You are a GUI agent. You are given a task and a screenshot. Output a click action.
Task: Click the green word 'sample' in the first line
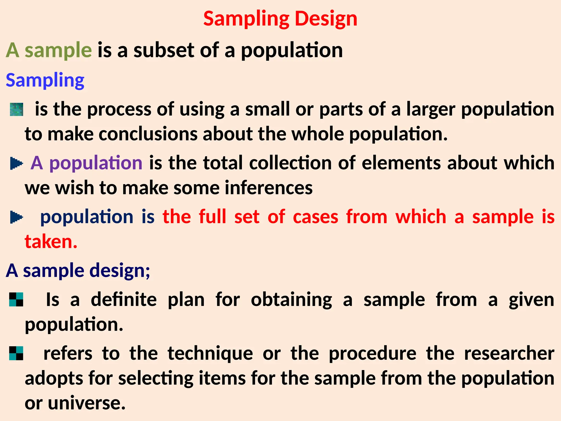point(58,50)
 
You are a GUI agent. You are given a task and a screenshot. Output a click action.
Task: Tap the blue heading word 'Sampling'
point(45,80)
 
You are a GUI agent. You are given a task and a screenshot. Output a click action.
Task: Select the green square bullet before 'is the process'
point(16,109)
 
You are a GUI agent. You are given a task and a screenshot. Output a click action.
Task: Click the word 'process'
point(119,109)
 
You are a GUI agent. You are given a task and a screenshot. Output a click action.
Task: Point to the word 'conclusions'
point(148,134)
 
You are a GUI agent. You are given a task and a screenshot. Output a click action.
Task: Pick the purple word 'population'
point(96,163)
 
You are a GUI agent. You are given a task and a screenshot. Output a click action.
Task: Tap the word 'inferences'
point(268,188)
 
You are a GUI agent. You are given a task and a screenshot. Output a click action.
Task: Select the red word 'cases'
point(315,217)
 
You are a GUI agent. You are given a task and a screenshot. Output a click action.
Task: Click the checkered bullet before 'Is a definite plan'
point(16,299)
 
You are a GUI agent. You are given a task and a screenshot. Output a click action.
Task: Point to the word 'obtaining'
point(291,300)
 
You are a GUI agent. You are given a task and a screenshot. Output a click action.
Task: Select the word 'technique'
point(210,353)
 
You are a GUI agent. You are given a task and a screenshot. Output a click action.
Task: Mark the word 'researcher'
point(509,353)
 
